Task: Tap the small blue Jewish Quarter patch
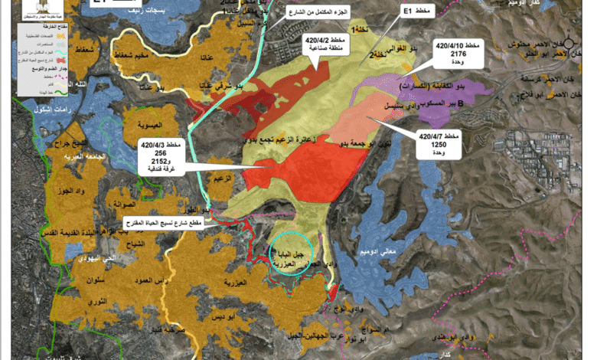(70, 260)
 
